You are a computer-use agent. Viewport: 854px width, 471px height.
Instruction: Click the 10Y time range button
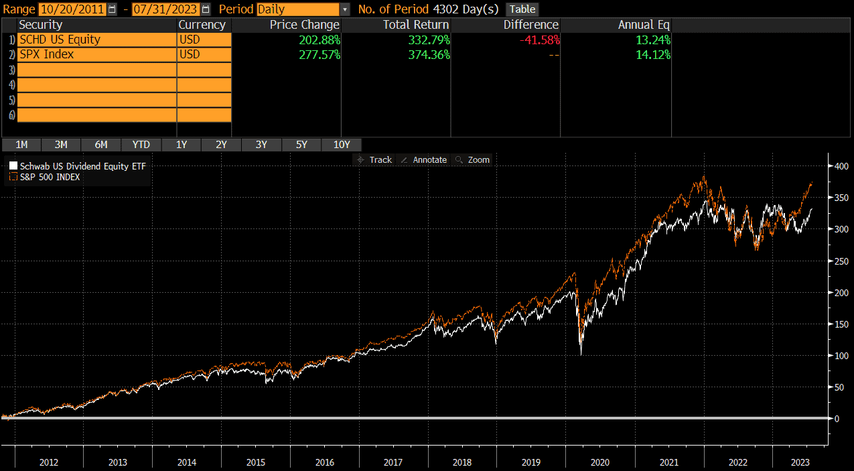(342, 145)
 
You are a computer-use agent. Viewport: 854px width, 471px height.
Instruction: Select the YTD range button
(141, 145)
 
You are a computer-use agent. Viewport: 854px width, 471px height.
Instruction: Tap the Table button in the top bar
(522, 9)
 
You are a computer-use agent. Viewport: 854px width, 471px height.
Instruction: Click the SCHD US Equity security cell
(96, 40)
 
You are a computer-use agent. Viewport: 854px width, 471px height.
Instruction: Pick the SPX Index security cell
(96, 54)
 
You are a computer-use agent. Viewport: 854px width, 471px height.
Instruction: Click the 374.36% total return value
(429, 54)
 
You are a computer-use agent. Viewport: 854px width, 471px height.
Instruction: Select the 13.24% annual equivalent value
(653, 40)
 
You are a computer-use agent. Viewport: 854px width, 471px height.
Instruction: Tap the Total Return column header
(416, 25)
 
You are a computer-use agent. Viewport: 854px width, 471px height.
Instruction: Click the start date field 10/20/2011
(72, 9)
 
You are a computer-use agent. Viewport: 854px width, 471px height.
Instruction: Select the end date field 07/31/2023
(165, 9)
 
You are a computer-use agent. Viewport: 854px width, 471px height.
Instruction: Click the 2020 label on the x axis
(599, 462)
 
